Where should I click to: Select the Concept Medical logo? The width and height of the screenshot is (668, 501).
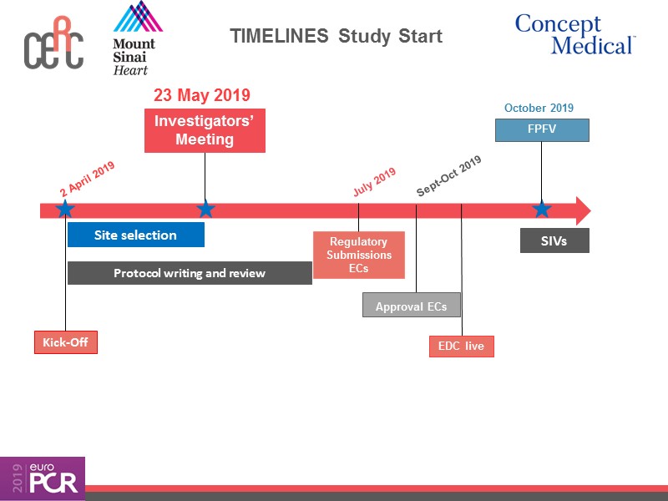(574, 34)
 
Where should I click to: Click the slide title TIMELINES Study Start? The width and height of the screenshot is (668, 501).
(336, 37)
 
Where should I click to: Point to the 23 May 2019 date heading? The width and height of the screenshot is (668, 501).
(202, 95)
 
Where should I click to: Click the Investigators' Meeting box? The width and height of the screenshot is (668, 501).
(205, 130)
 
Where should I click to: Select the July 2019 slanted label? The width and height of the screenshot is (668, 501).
(374, 182)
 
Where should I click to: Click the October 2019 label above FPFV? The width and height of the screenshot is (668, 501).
(539, 108)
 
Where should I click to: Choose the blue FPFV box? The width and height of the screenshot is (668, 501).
(542, 130)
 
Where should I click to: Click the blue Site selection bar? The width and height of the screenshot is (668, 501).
(135, 235)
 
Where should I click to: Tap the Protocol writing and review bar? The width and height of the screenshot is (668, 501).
(190, 273)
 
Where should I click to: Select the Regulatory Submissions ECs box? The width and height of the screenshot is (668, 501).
(358, 255)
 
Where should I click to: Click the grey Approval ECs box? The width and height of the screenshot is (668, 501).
(411, 306)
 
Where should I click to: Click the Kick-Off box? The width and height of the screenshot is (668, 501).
(65, 342)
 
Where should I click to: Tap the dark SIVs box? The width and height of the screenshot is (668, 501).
(554, 240)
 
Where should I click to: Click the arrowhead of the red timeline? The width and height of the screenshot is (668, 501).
(582, 210)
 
